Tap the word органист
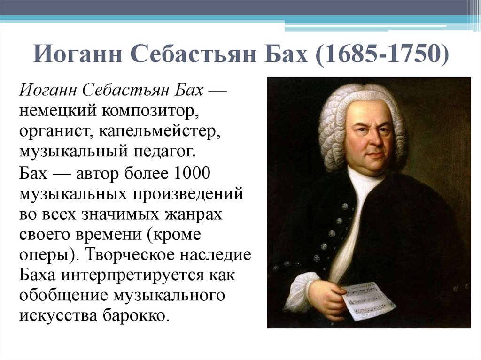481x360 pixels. coord(54,131)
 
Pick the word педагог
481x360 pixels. coord(159,152)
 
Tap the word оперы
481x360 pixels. coord(44,255)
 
